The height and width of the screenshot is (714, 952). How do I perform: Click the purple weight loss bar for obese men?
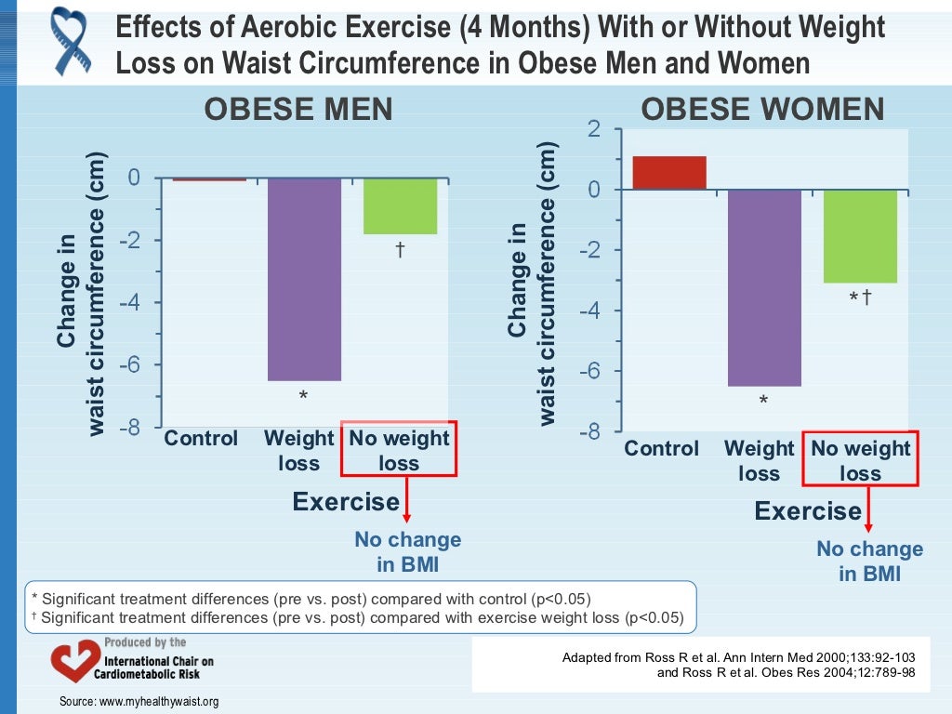(304, 279)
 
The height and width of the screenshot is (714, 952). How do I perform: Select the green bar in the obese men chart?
(400, 205)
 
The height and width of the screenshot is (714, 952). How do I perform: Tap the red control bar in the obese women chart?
(669, 173)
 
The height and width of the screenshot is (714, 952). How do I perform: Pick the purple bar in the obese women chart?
(764, 287)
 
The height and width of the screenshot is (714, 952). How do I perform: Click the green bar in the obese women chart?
(860, 236)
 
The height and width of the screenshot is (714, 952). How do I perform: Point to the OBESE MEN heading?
(298, 110)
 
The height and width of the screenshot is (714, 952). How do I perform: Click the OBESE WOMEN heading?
(762, 110)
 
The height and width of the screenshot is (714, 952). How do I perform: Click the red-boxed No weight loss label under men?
(399, 451)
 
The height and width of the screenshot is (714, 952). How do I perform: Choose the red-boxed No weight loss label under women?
(861, 460)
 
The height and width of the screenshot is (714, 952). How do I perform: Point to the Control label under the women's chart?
(661, 449)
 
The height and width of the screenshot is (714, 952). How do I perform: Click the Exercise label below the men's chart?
(346, 502)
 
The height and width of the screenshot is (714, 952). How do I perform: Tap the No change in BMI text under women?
(870, 561)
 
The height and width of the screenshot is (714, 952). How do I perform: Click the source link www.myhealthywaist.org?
(139, 701)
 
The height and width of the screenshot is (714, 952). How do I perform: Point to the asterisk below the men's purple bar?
(302, 397)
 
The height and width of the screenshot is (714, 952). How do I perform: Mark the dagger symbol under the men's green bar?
(400, 250)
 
